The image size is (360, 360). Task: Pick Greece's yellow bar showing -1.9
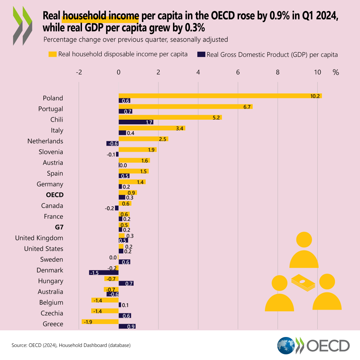(100, 321)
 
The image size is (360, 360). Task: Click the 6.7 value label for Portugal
(247, 107)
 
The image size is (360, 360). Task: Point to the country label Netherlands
(45, 141)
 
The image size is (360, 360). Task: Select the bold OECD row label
(55, 195)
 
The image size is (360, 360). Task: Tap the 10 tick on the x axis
(317, 72)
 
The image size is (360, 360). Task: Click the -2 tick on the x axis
(79, 72)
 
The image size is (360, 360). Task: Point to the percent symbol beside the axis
(335, 72)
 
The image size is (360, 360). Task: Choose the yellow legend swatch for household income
(53, 54)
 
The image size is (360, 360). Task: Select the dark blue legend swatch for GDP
(201, 54)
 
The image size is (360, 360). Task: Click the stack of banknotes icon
(303, 282)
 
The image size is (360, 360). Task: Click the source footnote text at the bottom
(71, 345)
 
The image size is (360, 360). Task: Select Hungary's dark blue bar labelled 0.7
(126, 283)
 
